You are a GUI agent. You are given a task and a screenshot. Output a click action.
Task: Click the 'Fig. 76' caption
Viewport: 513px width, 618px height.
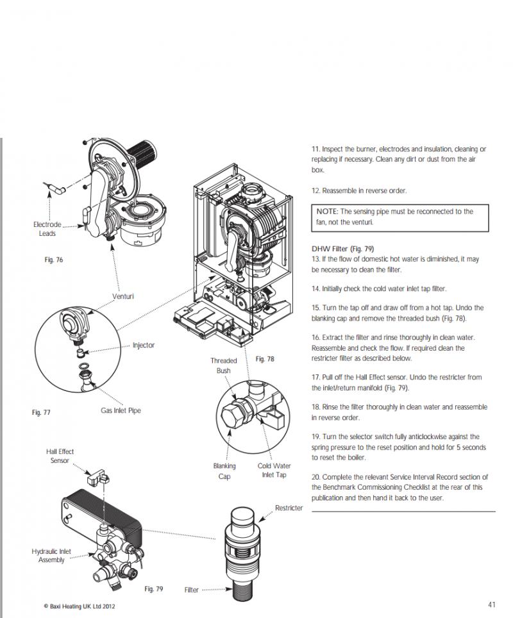(54, 260)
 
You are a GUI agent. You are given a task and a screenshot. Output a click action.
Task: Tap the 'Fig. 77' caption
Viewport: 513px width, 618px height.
(41, 412)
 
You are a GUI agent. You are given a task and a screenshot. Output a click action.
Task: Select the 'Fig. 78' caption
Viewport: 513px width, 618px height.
(264, 359)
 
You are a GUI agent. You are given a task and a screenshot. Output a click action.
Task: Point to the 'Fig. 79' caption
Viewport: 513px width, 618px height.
(154, 589)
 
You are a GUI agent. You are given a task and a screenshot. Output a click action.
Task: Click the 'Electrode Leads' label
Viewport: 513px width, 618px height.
(47, 229)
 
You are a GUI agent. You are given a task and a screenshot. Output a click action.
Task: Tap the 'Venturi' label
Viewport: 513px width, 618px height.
(123, 296)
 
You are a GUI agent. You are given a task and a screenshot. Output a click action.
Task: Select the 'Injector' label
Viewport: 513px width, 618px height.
(144, 345)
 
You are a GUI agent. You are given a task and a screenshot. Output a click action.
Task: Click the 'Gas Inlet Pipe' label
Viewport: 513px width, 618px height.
(121, 410)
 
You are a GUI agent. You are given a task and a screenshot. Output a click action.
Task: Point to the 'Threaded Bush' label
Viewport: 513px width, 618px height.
(223, 365)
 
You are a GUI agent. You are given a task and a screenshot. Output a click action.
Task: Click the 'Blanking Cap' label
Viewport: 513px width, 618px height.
(224, 471)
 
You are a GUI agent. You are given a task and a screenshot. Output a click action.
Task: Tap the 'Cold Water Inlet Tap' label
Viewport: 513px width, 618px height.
(274, 471)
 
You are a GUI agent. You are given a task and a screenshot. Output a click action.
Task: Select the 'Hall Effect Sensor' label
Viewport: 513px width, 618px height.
(60, 456)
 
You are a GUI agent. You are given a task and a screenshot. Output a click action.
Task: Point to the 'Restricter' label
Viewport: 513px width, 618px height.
(289, 508)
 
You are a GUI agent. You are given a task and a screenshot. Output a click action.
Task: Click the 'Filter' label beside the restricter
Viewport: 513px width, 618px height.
(191, 590)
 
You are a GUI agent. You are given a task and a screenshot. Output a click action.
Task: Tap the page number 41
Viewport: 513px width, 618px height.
(492, 605)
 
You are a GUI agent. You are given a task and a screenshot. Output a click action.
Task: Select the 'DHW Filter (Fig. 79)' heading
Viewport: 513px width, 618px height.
(342, 249)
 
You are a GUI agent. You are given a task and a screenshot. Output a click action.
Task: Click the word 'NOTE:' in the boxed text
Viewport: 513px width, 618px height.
(328, 211)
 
